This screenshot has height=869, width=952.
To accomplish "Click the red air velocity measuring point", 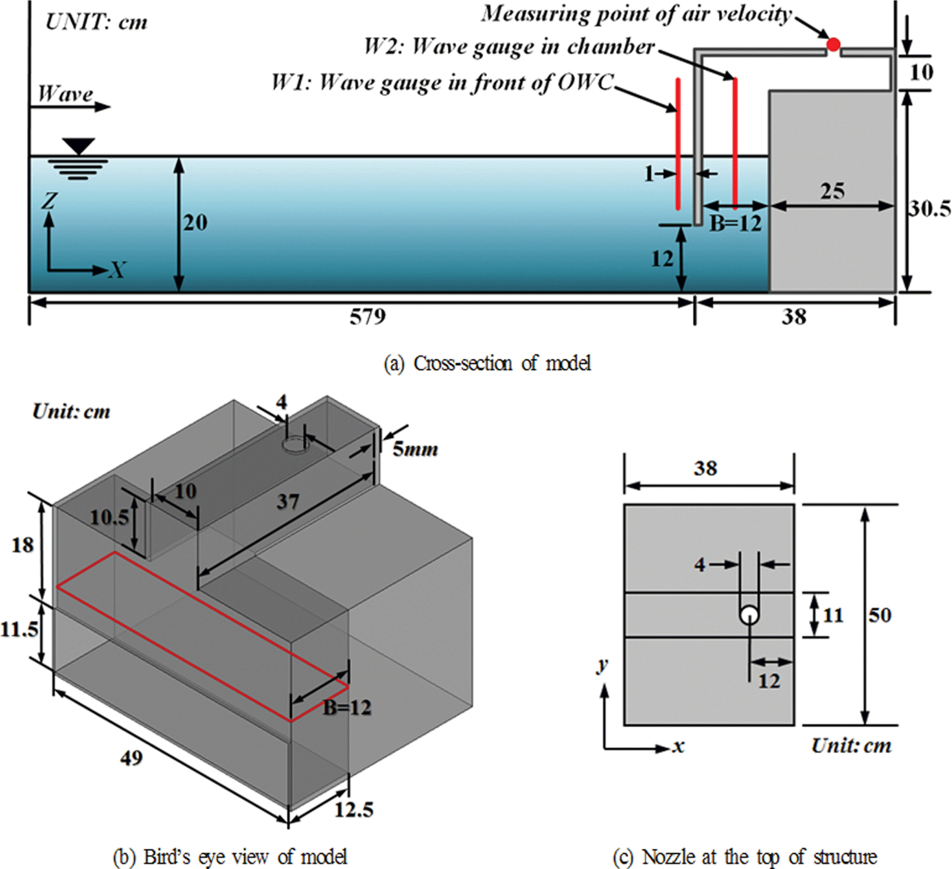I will tap(833, 45).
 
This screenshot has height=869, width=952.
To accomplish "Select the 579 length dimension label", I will tap(367, 316).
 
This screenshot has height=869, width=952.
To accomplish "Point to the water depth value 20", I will tap(195, 223).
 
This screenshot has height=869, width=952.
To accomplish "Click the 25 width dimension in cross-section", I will tap(832, 191).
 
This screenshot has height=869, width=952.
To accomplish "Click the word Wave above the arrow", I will tap(65, 94).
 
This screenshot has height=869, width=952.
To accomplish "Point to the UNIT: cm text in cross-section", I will tap(96, 22).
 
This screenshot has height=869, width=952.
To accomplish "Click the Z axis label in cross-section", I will tap(49, 202).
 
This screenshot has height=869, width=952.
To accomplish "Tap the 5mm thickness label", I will tap(415, 449).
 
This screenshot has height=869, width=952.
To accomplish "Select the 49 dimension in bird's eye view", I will tap(131, 758).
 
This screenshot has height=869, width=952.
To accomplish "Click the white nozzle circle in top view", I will tap(749, 615).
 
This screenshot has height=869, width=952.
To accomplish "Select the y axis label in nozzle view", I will tap(602, 665).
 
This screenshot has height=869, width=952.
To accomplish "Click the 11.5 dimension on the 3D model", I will tap(19, 629).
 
